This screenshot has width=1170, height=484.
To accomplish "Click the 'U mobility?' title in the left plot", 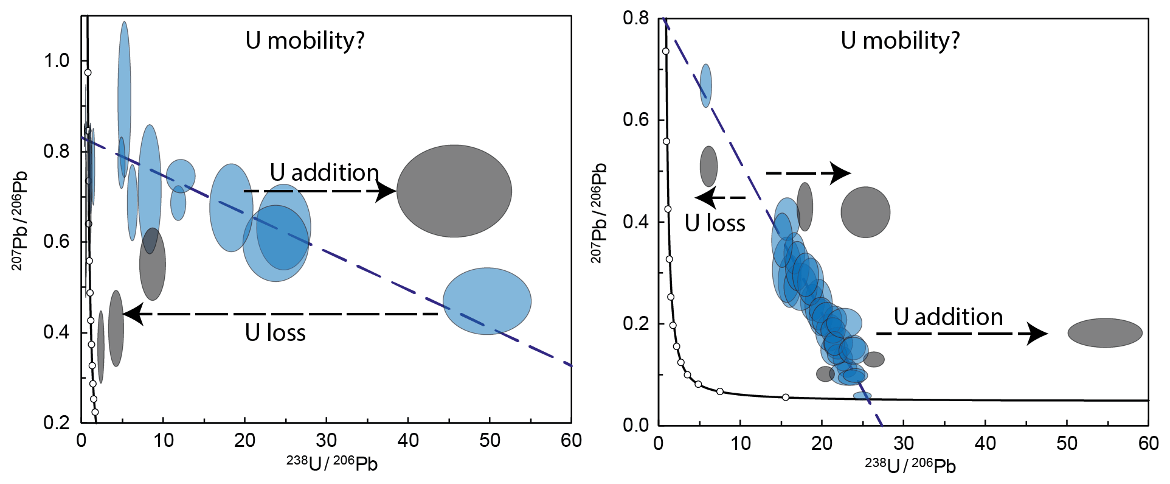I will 305,41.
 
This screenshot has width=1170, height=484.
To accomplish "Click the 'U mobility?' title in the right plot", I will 900,41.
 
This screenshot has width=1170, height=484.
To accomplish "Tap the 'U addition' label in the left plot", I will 324,173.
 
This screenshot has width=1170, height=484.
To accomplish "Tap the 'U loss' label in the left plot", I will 275,333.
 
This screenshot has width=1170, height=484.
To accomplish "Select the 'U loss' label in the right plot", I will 715,223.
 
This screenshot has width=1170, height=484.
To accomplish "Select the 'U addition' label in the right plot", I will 948,317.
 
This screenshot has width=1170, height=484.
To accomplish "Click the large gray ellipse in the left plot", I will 454,191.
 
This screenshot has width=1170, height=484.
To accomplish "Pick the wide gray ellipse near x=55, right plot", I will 1105,333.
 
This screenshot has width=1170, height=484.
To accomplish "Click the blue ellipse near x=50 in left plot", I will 486,301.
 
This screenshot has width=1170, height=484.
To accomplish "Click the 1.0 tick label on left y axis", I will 57,61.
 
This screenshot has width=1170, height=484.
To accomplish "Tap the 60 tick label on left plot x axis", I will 571,440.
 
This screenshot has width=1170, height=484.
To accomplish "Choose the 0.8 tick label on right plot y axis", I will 636,18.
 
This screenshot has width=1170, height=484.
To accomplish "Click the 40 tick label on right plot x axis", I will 985,443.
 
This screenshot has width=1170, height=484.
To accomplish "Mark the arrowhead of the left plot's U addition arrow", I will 387,191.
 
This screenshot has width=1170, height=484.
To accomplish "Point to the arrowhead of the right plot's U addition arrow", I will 1039,334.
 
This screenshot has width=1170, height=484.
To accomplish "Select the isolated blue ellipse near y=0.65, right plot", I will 705,85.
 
